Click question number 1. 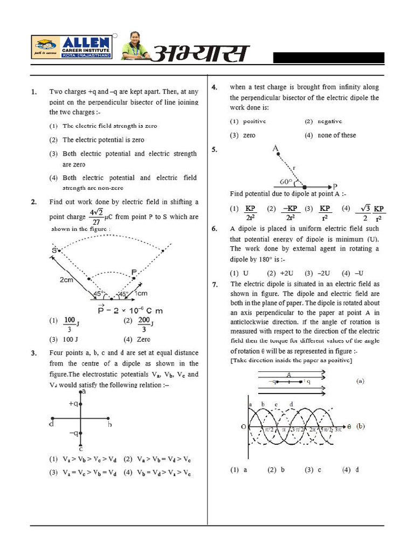tap(34, 92)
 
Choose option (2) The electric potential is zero tap(103, 140)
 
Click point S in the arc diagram tap(55, 251)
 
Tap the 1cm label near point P tap(141, 293)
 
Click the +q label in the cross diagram tap(73, 403)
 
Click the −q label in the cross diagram tap(73, 433)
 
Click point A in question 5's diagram tap(275, 148)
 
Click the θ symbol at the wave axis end tap(348, 426)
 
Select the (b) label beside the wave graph tap(360, 426)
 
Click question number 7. tap(215, 284)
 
